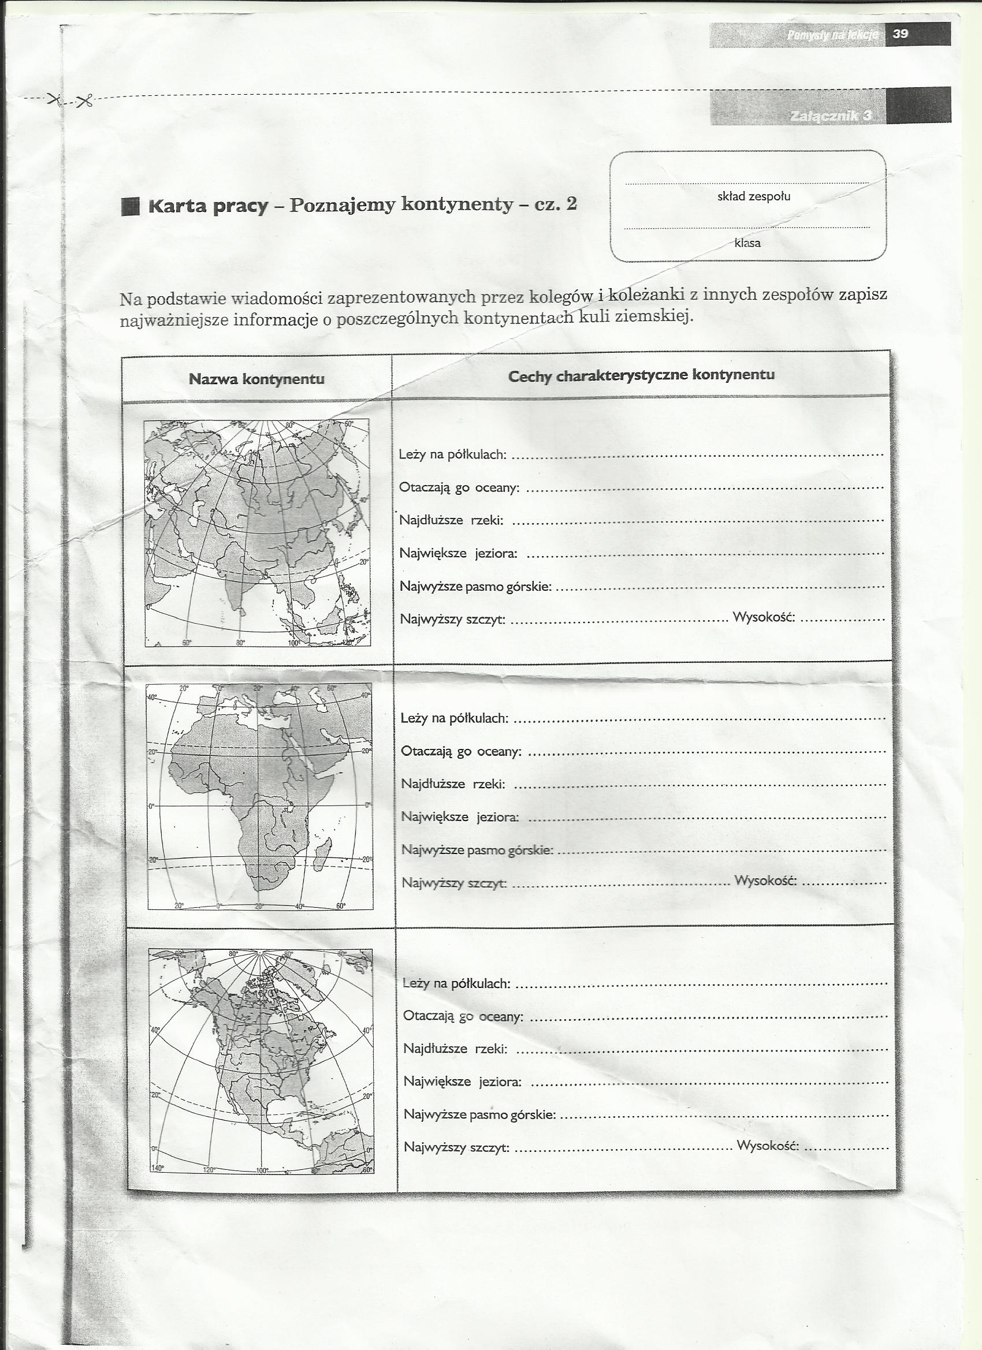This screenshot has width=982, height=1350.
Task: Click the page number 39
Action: click(x=900, y=35)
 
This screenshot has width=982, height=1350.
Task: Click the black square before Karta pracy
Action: click(x=130, y=207)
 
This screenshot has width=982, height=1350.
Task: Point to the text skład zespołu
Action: click(x=753, y=196)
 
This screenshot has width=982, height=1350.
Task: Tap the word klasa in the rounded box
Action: click(x=747, y=243)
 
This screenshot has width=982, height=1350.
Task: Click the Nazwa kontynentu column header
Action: click(x=256, y=379)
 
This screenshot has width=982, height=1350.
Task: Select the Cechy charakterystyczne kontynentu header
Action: click(x=641, y=375)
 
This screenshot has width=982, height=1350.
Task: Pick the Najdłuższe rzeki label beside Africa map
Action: click(x=453, y=784)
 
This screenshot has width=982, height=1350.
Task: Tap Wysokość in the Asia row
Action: click(x=764, y=617)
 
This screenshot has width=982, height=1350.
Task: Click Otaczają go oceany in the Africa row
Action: click(x=461, y=751)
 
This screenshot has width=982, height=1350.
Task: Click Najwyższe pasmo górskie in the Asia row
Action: click(x=475, y=587)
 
